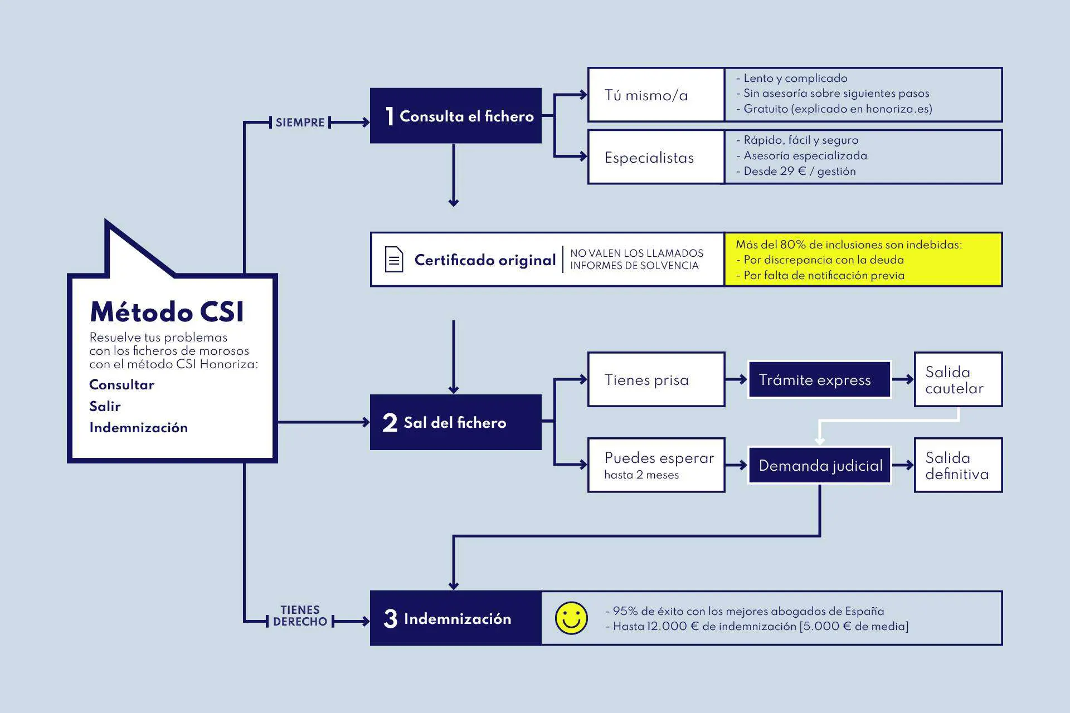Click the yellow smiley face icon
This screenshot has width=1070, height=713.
click(571, 618)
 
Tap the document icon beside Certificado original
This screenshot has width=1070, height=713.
click(394, 260)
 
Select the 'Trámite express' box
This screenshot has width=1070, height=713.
click(819, 380)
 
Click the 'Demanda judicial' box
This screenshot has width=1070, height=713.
click(820, 465)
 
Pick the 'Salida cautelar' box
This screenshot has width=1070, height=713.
click(958, 380)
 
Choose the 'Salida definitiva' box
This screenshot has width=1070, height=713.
click(958, 466)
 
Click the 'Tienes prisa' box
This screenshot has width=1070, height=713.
click(656, 380)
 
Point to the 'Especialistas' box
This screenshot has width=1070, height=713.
click(656, 158)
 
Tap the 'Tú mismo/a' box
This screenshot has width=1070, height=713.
click(656, 95)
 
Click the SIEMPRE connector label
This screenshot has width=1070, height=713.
click(300, 123)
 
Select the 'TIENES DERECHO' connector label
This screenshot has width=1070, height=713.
click(300, 616)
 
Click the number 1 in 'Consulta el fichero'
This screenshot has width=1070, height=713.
click(390, 116)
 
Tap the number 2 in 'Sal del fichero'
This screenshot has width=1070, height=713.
click(390, 423)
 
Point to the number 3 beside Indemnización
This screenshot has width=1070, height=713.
click(390, 619)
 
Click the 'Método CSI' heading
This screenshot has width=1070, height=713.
click(167, 312)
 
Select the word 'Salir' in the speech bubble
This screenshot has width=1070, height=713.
click(105, 406)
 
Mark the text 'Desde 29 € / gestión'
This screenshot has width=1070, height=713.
click(799, 172)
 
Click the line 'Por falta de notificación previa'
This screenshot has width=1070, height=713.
click(824, 275)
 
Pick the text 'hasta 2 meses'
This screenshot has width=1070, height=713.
click(641, 475)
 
